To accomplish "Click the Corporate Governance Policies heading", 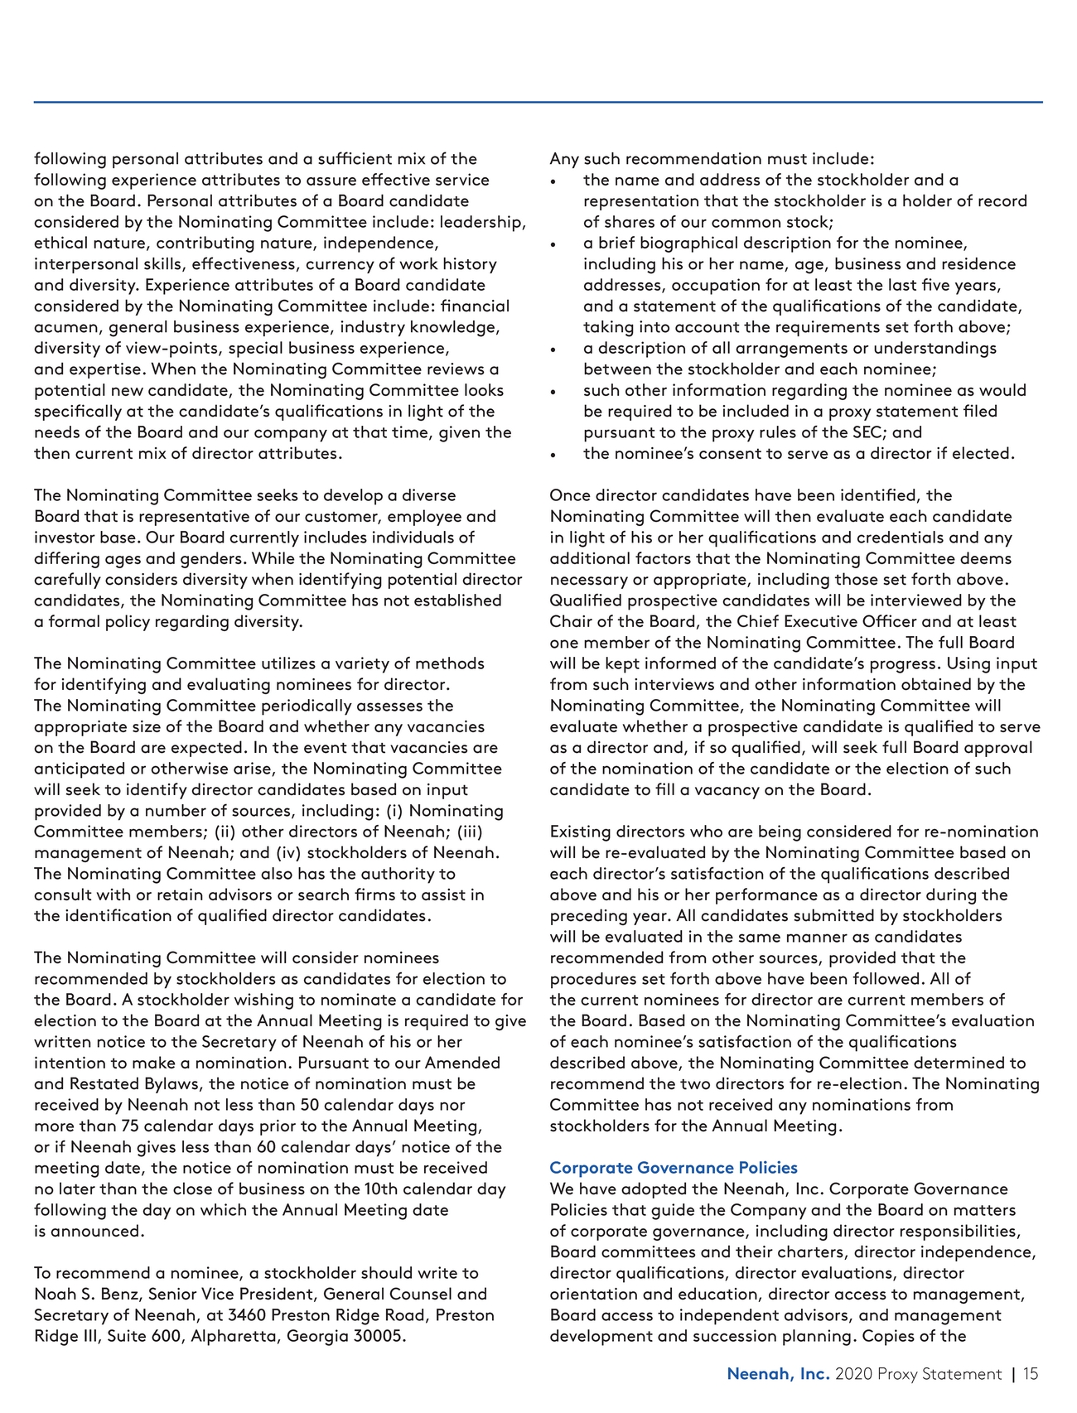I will [673, 1168].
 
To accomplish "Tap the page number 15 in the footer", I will [1030, 1374].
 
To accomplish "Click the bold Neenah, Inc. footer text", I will [778, 1374].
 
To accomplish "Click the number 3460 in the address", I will [247, 1315].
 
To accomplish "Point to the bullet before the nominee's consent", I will [553, 455].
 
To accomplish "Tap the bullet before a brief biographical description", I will [553, 244].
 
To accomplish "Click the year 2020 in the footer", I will [853, 1374].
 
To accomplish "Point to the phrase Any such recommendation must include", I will [711, 159].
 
